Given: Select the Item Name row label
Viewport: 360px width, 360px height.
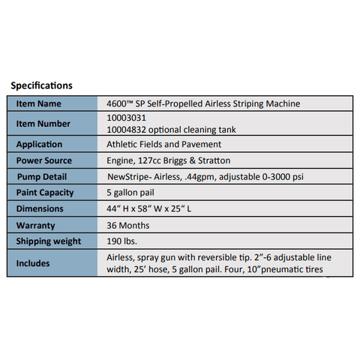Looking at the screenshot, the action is [x=39, y=103].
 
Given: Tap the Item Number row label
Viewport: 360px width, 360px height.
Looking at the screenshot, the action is [x=43, y=124].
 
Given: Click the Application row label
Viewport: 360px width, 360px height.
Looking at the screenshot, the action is [x=40, y=144].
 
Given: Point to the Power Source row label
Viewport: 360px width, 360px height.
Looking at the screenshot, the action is [x=45, y=160].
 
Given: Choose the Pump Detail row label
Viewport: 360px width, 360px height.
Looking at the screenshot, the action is [x=44, y=176].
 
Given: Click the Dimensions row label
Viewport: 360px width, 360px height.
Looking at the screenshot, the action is [x=40, y=208].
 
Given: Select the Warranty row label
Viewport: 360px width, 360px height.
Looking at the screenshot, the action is [x=37, y=225].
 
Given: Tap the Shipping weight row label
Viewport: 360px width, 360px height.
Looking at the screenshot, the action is [x=49, y=241].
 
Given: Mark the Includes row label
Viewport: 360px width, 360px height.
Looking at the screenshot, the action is [x=34, y=263].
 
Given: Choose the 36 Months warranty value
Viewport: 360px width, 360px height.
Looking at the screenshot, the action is [x=129, y=225].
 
